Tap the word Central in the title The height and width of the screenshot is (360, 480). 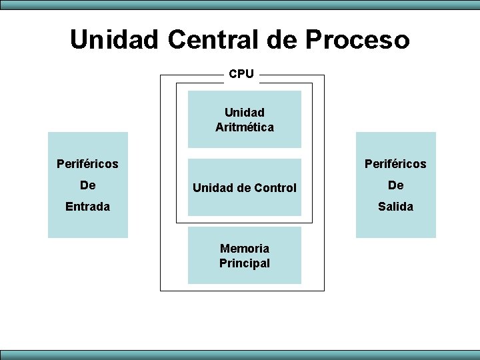[214, 39]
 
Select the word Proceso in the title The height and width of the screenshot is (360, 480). [357, 39]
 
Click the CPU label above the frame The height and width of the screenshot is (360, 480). [241, 74]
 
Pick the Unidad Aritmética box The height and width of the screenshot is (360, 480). [245, 119]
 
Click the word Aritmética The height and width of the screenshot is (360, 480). [245, 127]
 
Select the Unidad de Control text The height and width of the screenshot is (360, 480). [245, 188]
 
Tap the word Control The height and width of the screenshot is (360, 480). [275, 188]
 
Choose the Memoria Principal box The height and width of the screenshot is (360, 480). [245, 255]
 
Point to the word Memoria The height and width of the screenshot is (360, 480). [245, 248]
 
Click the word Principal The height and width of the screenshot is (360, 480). [245, 263]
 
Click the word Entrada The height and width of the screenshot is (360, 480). [87, 207]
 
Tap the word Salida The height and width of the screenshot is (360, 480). [395, 207]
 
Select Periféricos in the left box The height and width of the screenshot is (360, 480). [87, 163]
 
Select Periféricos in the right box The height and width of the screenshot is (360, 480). [395, 163]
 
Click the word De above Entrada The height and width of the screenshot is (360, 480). [87, 185]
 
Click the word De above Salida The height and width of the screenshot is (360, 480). [395, 185]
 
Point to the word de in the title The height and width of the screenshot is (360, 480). [284, 39]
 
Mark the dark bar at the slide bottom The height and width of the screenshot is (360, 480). [240, 355]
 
